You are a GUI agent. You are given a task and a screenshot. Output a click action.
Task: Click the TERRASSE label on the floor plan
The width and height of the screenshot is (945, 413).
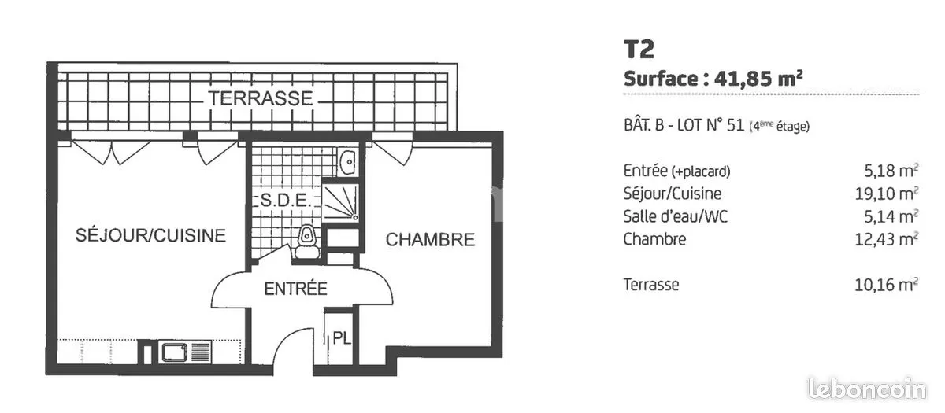click(261, 98)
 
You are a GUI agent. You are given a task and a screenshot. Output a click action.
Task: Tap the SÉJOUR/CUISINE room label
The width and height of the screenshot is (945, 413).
click(150, 235)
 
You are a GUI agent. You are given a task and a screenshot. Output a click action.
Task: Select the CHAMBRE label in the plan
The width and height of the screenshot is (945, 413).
click(430, 239)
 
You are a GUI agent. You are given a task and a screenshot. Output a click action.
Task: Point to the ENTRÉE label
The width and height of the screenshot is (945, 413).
click(296, 289)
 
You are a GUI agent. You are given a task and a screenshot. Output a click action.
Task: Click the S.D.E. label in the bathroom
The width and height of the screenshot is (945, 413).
click(286, 200)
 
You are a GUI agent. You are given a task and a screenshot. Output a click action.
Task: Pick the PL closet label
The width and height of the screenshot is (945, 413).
click(342, 338)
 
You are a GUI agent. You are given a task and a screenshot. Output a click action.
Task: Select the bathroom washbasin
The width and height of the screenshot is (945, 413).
click(347, 161)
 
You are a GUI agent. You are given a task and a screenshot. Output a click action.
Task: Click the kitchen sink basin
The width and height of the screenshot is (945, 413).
click(175, 352)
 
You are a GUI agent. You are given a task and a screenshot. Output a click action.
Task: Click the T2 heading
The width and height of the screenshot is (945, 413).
click(639, 50)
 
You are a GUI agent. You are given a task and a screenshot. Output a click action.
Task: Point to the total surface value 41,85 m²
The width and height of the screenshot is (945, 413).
click(758, 79)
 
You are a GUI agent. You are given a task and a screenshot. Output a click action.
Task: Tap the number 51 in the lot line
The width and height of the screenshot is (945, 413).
click(736, 126)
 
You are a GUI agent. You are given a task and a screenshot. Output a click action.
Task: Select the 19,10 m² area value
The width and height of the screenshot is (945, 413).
click(887, 194)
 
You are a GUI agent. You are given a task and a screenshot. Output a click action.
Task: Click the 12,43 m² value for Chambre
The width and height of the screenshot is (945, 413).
click(887, 239)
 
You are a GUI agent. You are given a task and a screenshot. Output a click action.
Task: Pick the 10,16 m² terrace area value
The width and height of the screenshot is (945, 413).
click(887, 285)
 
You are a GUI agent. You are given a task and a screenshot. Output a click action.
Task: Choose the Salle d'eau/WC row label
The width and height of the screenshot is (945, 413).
click(676, 216)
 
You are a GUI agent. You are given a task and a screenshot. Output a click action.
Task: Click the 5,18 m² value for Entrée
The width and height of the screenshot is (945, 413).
click(891, 171)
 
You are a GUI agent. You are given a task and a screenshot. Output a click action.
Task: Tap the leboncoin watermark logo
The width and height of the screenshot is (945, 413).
click(868, 390)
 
